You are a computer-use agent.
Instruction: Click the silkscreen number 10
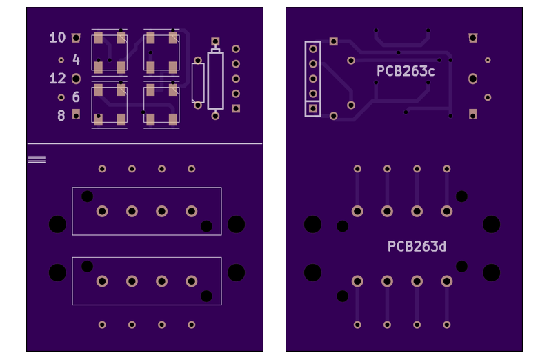pos(57,37)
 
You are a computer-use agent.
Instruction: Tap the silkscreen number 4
pos(76,60)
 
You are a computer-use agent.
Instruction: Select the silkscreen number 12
pos(57,79)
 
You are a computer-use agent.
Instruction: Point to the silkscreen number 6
pos(76,97)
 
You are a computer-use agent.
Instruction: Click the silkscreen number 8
pos(61,115)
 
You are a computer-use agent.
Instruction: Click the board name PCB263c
pos(406,71)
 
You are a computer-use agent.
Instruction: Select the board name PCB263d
pos(417,246)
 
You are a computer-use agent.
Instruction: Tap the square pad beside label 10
pos(76,37)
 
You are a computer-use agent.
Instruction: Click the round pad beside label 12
pos(76,79)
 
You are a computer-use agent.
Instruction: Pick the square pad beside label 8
pos(76,113)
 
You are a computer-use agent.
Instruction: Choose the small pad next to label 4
pos(61,60)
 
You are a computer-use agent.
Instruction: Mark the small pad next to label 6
pos(61,97)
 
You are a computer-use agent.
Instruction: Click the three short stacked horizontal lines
pos(37,159)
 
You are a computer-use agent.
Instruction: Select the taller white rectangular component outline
pos(215,81)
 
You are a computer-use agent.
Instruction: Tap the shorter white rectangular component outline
pos(198,83)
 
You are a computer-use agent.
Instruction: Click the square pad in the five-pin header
pos(313,108)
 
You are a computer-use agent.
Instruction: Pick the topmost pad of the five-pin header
pos(313,49)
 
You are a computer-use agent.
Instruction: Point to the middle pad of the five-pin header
pos(313,79)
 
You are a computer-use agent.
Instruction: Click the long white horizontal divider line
pos(145,144)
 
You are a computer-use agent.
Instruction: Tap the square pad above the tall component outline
pos(215,42)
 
